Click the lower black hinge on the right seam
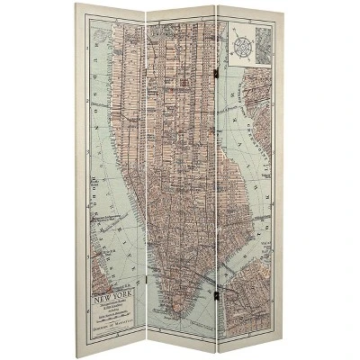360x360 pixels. [215, 293]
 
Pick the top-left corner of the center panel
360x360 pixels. [147, 12]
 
